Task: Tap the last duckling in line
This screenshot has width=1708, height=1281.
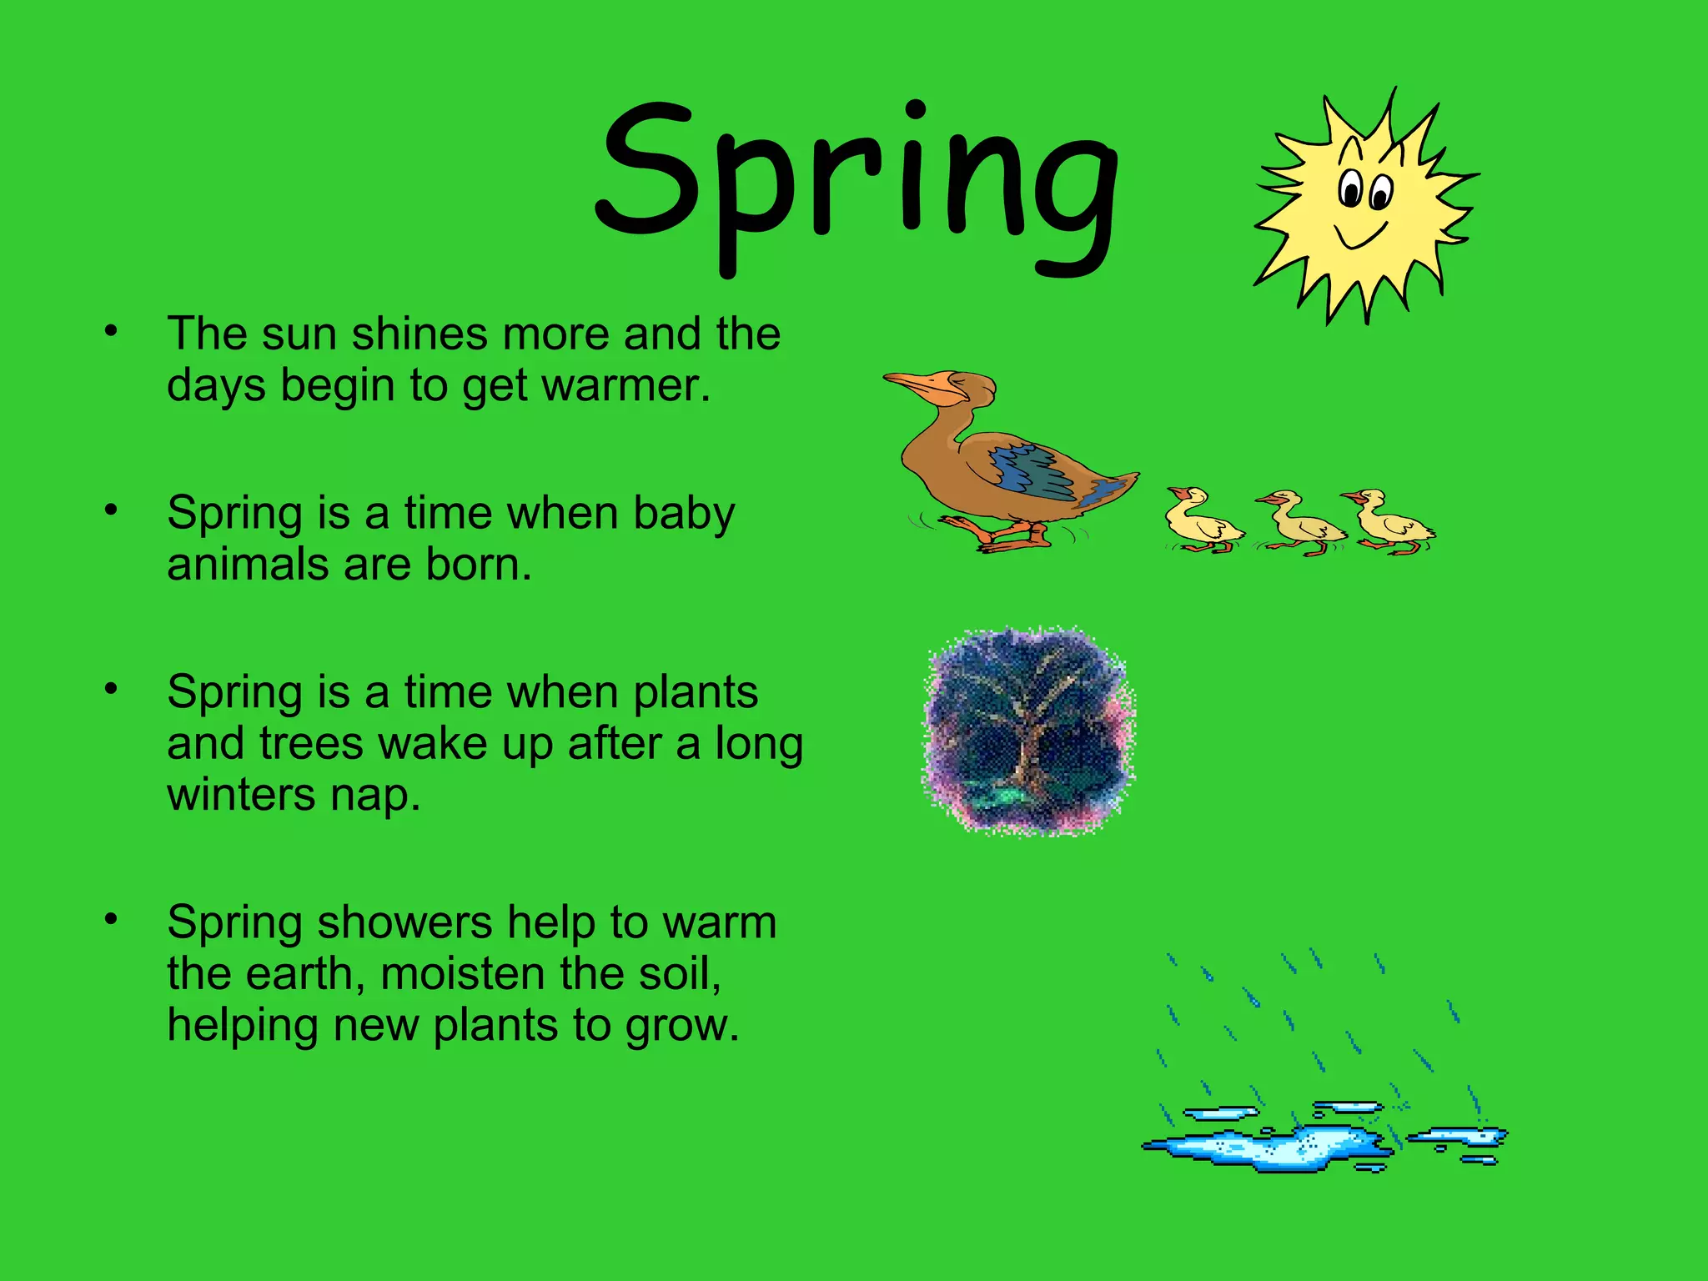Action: click(x=1391, y=521)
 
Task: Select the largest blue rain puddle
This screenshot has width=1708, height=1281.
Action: click(x=1268, y=1147)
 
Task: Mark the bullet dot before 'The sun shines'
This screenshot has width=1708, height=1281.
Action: click(x=111, y=331)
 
